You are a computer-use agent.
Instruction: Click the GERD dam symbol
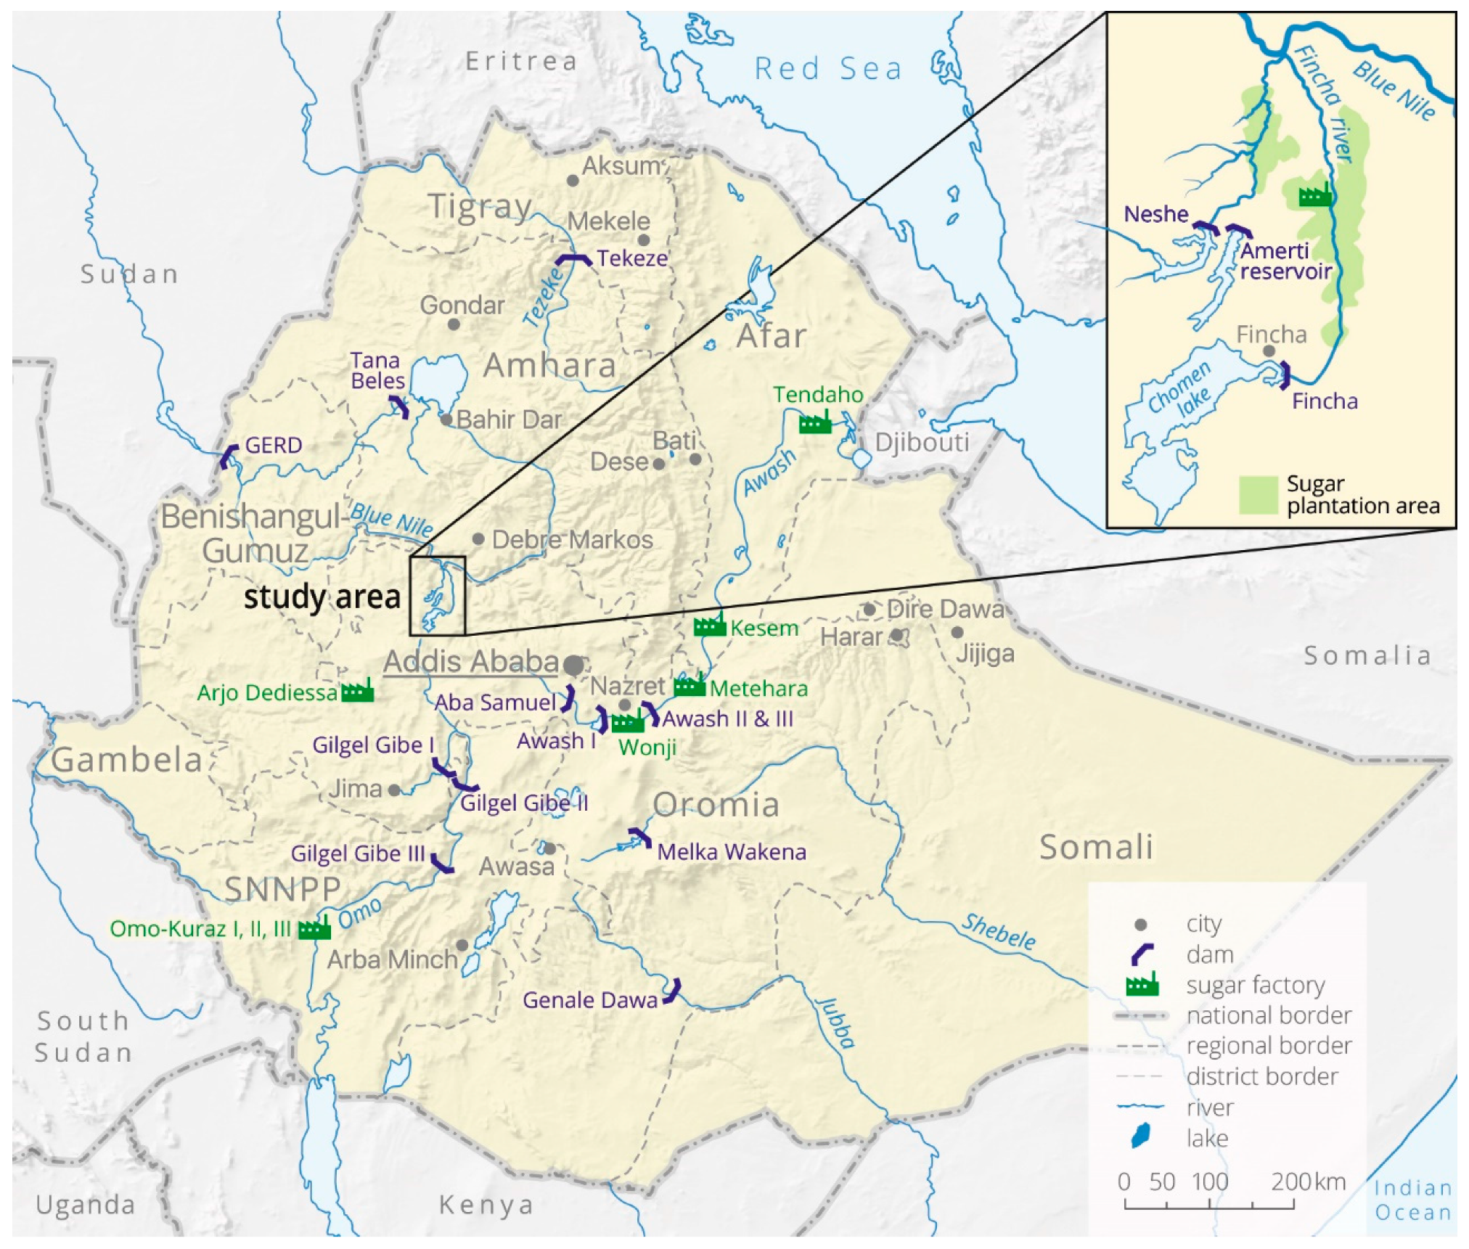click(229, 456)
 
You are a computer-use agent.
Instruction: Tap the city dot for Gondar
click(454, 324)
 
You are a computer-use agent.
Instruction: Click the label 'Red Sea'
click(828, 69)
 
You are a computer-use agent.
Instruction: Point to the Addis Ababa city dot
click(573, 664)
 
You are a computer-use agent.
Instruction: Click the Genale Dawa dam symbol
click(673, 991)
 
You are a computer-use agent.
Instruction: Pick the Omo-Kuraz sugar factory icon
click(314, 928)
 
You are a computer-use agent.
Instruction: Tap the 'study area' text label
click(322, 597)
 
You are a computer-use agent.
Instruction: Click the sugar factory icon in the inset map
click(1315, 194)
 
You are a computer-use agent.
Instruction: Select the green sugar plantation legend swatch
click(1258, 495)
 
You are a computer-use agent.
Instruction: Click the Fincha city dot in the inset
click(1269, 351)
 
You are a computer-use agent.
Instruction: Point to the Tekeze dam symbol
click(573, 259)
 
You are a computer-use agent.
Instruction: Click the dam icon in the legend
click(1142, 954)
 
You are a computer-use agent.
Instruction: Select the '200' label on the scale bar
click(1290, 1182)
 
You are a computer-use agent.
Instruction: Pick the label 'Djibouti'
click(922, 442)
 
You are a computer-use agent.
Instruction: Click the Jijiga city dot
click(957, 632)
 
